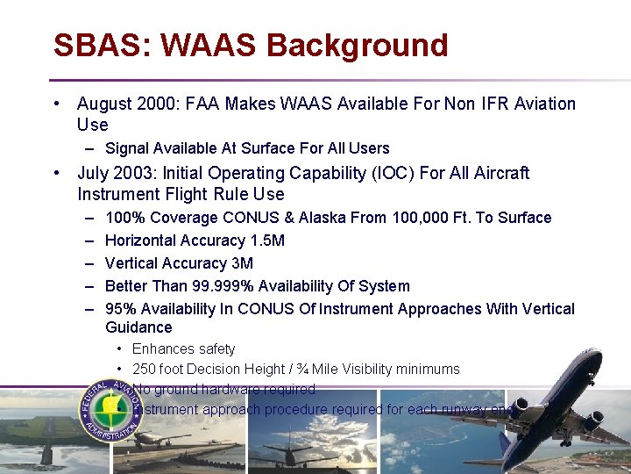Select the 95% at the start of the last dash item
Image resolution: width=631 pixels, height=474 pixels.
tap(120, 309)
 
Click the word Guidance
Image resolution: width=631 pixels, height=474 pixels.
tap(138, 327)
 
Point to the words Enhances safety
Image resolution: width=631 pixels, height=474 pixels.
tap(183, 349)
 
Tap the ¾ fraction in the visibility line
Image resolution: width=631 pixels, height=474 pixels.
tap(303, 370)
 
